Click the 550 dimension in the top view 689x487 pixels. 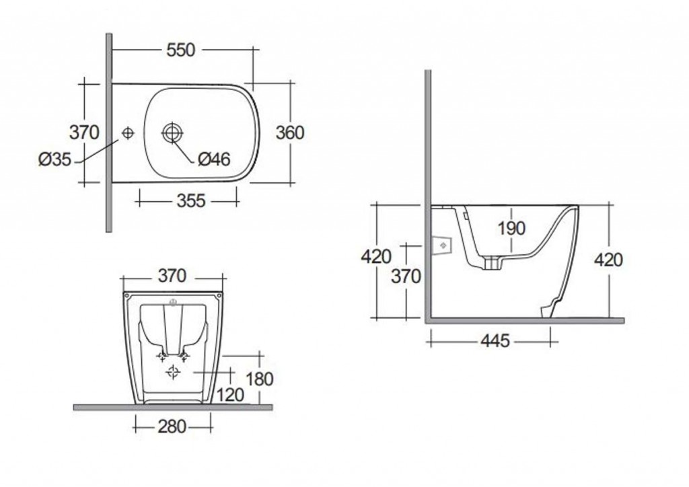(x=180, y=50)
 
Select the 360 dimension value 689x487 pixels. (x=289, y=133)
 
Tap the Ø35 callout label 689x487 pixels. (x=55, y=159)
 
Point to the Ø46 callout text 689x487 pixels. (x=214, y=159)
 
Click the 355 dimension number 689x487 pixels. (x=191, y=200)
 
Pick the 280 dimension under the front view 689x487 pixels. (x=172, y=426)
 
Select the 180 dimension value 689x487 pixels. (x=260, y=379)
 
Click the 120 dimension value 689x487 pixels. (x=230, y=395)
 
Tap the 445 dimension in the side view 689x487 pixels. (x=495, y=340)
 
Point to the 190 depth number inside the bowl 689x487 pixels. (x=511, y=228)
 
